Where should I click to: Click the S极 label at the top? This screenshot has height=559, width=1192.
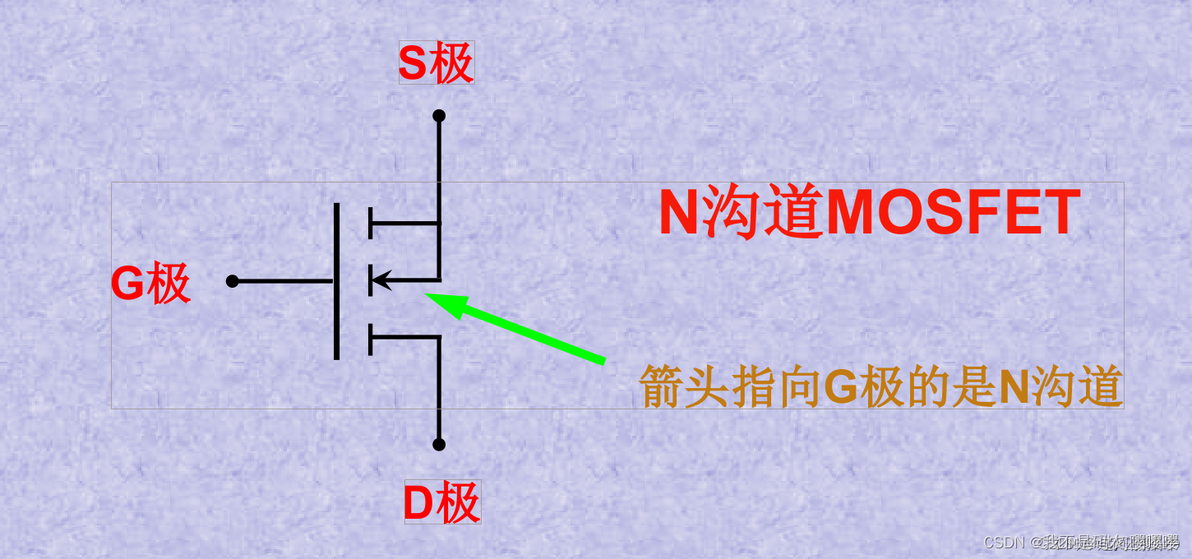pyautogui.click(x=436, y=63)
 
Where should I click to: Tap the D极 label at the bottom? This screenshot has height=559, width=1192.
pyautogui.click(x=441, y=504)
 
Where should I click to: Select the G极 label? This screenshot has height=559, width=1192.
pyautogui.click(x=150, y=284)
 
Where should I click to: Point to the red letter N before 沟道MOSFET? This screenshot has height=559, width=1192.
pyautogui.click(x=679, y=213)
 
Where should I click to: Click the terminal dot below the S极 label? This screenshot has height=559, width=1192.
pyautogui.click(x=439, y=116)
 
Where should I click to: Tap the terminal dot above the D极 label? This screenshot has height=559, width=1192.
pyautogui.click(x=439, y=445)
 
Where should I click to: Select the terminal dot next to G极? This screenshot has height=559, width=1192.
pyautogui.click(x=232, y=281)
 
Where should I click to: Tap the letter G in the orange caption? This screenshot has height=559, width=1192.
pyautogui.click(x=840, y=386)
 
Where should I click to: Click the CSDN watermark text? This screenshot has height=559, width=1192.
pyautogui.click(x=1001, y=543)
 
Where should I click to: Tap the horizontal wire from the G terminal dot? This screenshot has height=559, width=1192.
pyautogui.click(x=284, y=281)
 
